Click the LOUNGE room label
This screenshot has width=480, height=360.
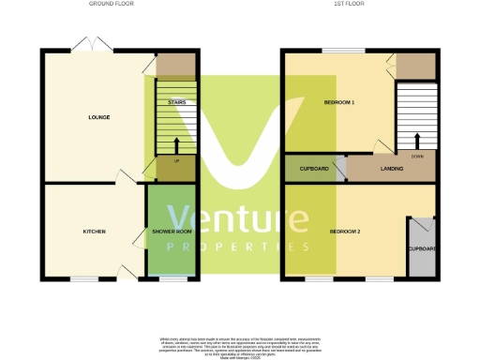[98, 117]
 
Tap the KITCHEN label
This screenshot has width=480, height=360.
[94, 232]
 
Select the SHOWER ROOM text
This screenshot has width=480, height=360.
[172, 232]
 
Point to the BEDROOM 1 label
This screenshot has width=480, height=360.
[338, 101]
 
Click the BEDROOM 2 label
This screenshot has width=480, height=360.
[345, 231]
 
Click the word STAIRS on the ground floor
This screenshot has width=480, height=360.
[176, 101]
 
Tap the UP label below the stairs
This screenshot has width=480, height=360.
[175, 160]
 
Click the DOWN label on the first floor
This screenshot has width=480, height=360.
[416, 157]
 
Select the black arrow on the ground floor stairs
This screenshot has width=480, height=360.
[175, 143]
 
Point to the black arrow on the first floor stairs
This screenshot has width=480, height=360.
[416, 141]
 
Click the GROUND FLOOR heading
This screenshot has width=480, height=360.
[112, 4]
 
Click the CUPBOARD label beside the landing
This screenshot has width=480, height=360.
[314, 169]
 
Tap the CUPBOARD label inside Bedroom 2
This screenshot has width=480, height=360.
[422, 248]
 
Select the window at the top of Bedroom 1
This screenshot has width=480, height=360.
[343, 51]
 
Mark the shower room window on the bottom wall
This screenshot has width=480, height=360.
[173, 278]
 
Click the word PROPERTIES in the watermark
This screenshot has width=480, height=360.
[237, 247]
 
